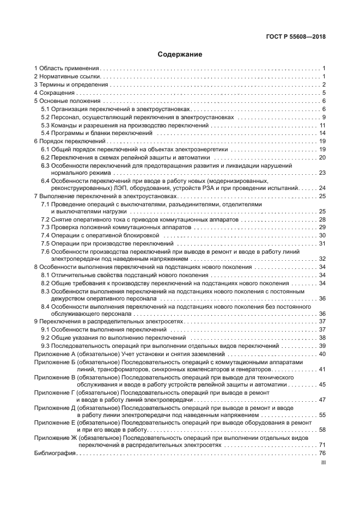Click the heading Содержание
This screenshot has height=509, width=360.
point(180,54)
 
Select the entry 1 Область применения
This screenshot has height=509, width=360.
point(66,68)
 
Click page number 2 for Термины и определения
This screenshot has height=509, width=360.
point(323,84)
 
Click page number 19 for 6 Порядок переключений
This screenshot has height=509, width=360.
point(322,142)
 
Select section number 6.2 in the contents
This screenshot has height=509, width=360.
point(46,157)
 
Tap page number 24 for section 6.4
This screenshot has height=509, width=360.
point(322,187)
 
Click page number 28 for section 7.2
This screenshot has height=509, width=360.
point(322,219)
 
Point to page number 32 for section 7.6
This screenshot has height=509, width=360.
point(322,259)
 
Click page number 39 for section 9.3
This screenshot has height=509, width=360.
point(322,346)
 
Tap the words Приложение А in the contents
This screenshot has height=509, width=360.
point(54,354)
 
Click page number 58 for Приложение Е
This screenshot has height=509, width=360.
point(322,430)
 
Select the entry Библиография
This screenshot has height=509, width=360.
point(54,453)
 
